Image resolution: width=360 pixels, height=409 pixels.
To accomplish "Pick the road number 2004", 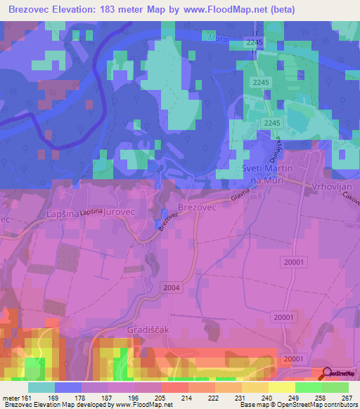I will (170, 287).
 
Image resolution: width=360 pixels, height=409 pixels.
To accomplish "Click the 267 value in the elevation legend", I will (345, 397).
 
